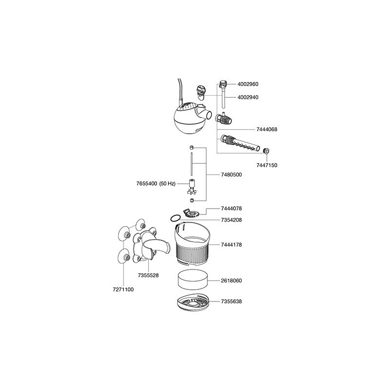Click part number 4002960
click(248, 84)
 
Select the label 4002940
click(248, 97)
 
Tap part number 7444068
click(266, 129)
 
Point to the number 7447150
click(266, 165)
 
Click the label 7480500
click(231, 175)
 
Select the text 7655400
click(147, 184)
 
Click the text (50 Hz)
click(167, 184)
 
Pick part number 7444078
click(231, 209)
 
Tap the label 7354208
click(231, 220)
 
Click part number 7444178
click(231, 245)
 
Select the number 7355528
click(148, 275)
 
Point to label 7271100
click(123, 289)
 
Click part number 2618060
click(231, 281)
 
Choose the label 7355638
click(231, 301)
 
